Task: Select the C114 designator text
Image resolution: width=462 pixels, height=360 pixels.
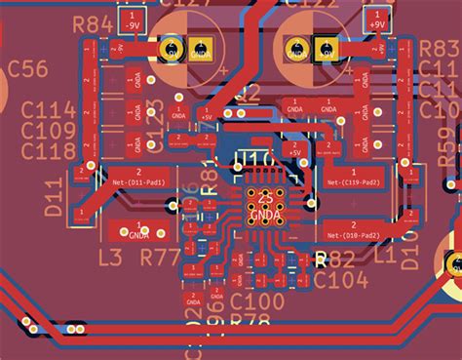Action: pyautogui.click(x=49, y=110)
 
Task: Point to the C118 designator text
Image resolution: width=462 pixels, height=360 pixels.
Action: pyautogui.click(x=49, y=150)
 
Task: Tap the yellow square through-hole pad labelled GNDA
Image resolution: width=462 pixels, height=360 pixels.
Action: pyautogui.click(x=200, y=48)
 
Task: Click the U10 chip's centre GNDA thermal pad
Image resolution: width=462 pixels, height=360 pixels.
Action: pyautogui.click(x=264, y=202)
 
